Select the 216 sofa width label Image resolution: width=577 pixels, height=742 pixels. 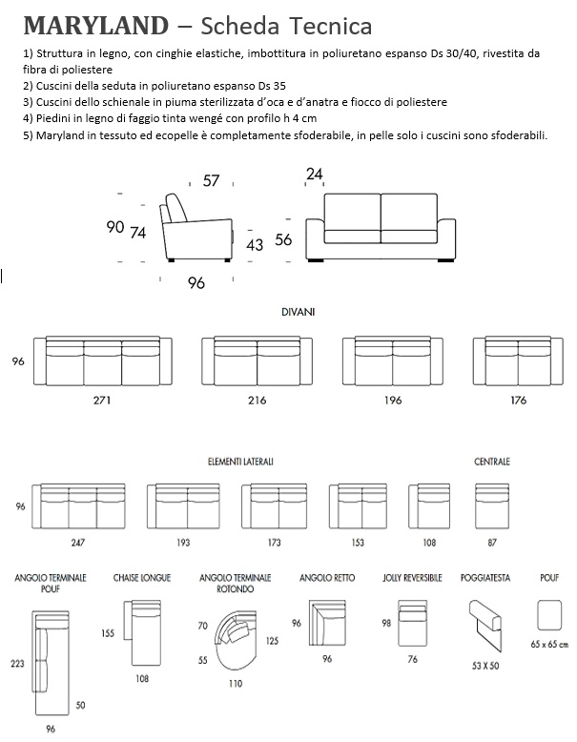(x=257, y=400)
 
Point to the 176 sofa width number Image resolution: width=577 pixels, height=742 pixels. (x=518, y=400)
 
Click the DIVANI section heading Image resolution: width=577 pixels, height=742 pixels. (x=298, y=312)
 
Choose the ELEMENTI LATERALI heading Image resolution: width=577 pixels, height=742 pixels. (x=240, y=462)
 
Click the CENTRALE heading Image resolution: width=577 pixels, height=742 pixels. (x=491, y=462)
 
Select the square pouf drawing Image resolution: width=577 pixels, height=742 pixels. (x=549, y=614)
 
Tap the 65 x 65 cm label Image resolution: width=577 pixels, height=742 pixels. (x=548, y=645)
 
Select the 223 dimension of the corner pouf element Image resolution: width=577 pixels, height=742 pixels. (x=17, y=664)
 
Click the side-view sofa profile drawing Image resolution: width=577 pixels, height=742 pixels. (x=196, y=229)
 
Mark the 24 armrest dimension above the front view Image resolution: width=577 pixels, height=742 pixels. (x=315, y=174)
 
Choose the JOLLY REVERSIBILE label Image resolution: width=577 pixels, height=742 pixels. (x=411, y=577)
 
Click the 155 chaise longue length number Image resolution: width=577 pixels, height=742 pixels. (x=109, y=632)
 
